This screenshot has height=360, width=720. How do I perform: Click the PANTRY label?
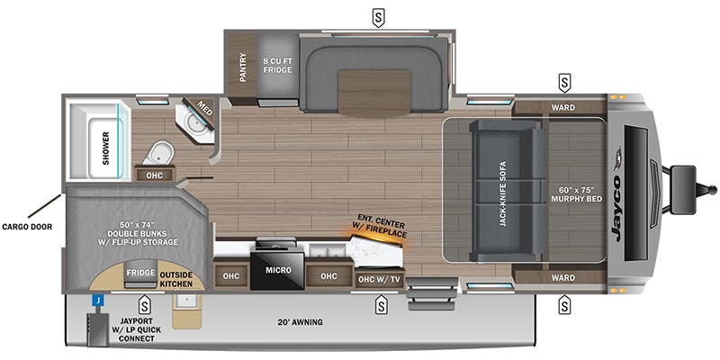pyautogui.click(x=243, y=67)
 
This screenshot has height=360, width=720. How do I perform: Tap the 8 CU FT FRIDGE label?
pyautogui.click(x=277, y=65)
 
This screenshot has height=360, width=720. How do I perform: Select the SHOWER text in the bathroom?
pyautogui.click(x=106, y=148)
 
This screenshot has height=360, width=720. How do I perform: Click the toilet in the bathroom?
pyautogui.click(x=159, y=152)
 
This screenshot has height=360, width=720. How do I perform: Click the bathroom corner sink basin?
pyautogui.click(x=193, y=120)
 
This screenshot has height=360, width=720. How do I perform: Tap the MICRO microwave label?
pyautogui.click(x=278, y=270)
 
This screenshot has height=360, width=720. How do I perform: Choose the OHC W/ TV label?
pyautogui.click(x=379, y=278)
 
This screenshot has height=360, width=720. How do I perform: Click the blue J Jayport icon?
pyautogui.click(x=98, y=301)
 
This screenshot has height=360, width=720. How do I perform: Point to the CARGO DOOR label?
pyautogui.click(x=27, y=227)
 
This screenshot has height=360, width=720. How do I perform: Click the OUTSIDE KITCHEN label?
pyautogui.click(x=175, y=279)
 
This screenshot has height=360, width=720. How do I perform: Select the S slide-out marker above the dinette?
pyautogui.click(x=378, y=18)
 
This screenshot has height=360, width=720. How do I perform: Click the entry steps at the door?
pyautogui.click(x=433, y=294)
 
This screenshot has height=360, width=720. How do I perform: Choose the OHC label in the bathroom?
pyautogui.click(x=154, y=175)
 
